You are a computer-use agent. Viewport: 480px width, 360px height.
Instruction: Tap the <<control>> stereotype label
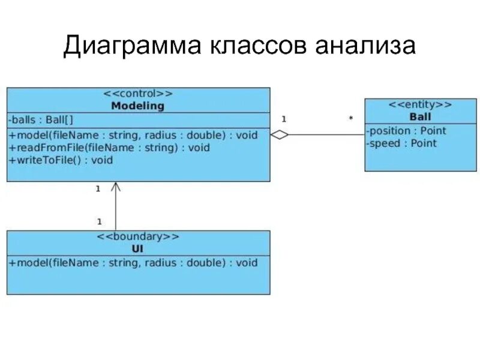tap(138, 94)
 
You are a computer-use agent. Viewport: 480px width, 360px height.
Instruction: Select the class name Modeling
tap(137, 106)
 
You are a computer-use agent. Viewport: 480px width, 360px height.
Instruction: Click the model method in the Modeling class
tap(133, 135)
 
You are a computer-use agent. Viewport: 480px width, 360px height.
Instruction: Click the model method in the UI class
tap(133, 263)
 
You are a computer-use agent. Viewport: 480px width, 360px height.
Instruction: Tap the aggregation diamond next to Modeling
tap(280, 135)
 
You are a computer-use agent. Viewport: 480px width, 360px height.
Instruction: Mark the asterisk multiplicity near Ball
tap(350, 119)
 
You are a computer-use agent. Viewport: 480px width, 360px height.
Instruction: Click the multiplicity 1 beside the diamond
tap(284, 119)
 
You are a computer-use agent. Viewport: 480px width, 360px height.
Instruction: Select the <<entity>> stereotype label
tap(420, 104)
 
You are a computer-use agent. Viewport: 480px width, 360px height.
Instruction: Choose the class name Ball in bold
tap(420, 116)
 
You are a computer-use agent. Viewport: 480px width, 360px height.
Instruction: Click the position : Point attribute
tap(407, 131)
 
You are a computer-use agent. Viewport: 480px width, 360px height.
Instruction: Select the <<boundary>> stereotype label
tap(138, 236)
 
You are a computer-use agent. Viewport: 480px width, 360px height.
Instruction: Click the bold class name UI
tap(137, 248)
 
